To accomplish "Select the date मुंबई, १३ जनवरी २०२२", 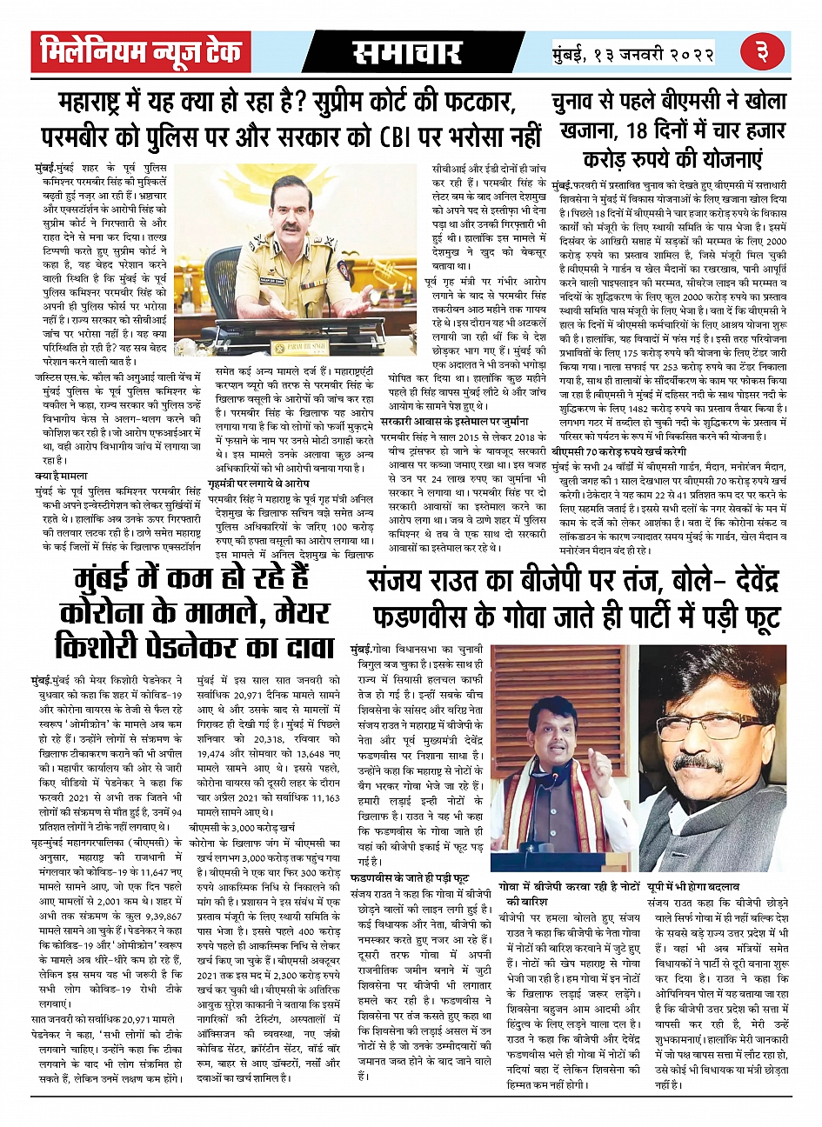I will coord(633,54).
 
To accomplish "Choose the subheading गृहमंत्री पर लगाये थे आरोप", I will coord(258,481).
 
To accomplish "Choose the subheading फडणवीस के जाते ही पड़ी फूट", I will coord(409,878).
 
